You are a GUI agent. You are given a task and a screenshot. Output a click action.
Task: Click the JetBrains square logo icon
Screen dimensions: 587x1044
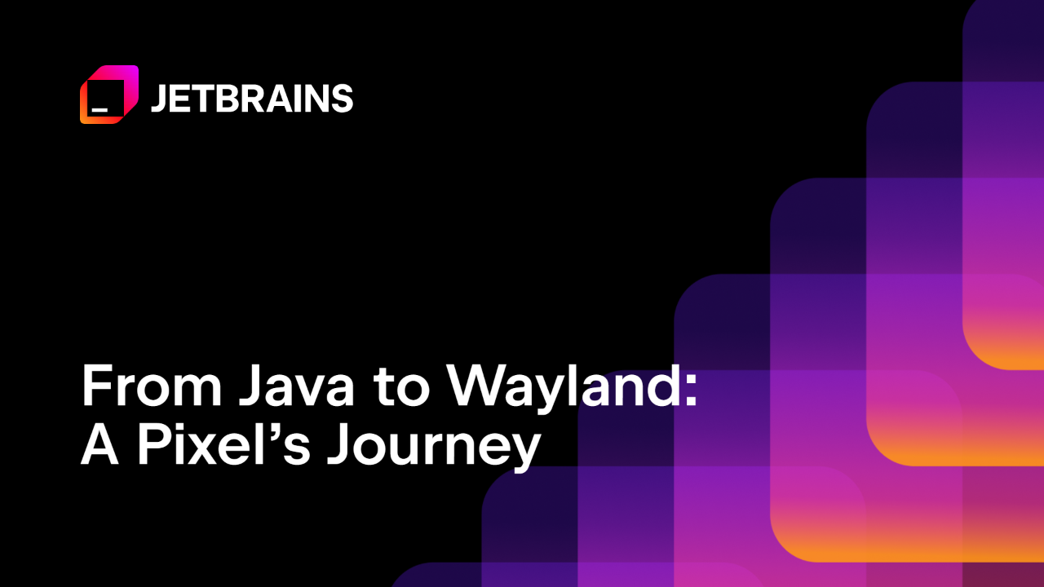109,95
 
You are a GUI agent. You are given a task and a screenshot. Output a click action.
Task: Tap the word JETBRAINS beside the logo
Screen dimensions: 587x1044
252,99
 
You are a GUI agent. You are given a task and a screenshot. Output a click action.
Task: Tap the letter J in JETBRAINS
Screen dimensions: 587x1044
159,99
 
